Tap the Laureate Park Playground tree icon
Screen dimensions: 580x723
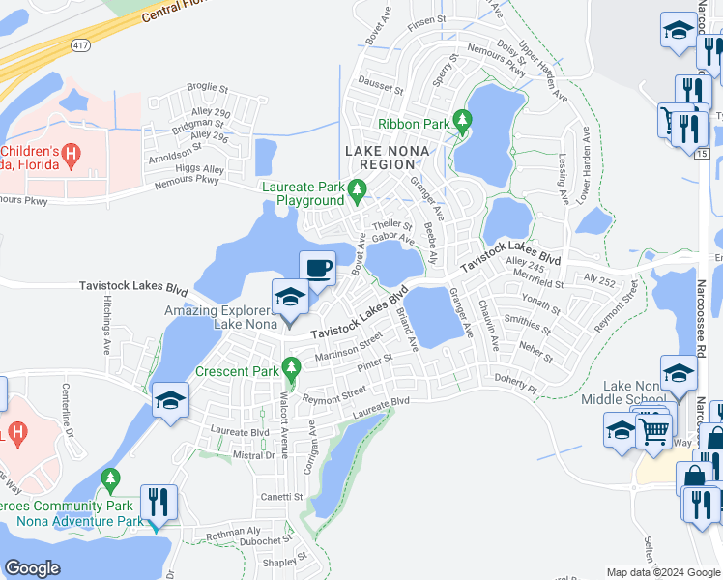click(x=358, y=188)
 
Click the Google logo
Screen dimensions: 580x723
click(x=32, y=568)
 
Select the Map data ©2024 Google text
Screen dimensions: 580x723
click(x=663, y=572)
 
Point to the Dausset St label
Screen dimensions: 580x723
click(x=380, y=87)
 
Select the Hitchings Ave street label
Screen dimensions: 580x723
click(x=105, y=319)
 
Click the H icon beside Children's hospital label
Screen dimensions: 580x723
click(x=70, y=154)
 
